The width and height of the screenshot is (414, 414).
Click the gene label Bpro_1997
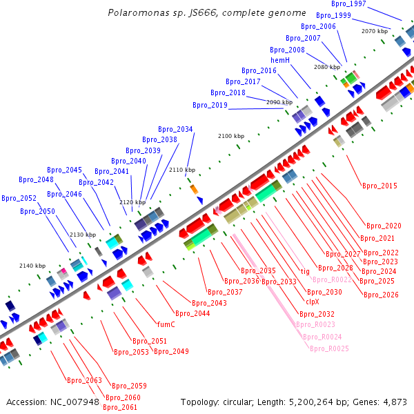348,4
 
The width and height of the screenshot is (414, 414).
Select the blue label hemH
280,60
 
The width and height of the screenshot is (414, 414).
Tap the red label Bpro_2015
380,186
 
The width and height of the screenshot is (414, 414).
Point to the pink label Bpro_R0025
329,348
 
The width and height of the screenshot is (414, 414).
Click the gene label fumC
166,324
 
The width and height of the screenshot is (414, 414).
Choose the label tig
305,271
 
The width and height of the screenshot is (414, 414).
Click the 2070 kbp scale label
375,31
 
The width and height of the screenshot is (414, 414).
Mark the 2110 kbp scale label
182,170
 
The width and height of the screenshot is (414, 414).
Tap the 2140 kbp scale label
32,266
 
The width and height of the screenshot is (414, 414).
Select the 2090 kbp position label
279,102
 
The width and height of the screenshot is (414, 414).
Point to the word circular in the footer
241,402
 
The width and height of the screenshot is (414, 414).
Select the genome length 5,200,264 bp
321,402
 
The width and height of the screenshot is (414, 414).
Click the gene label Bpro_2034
175,129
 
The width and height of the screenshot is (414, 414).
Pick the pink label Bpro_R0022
332,279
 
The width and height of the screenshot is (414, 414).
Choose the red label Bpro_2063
84,381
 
